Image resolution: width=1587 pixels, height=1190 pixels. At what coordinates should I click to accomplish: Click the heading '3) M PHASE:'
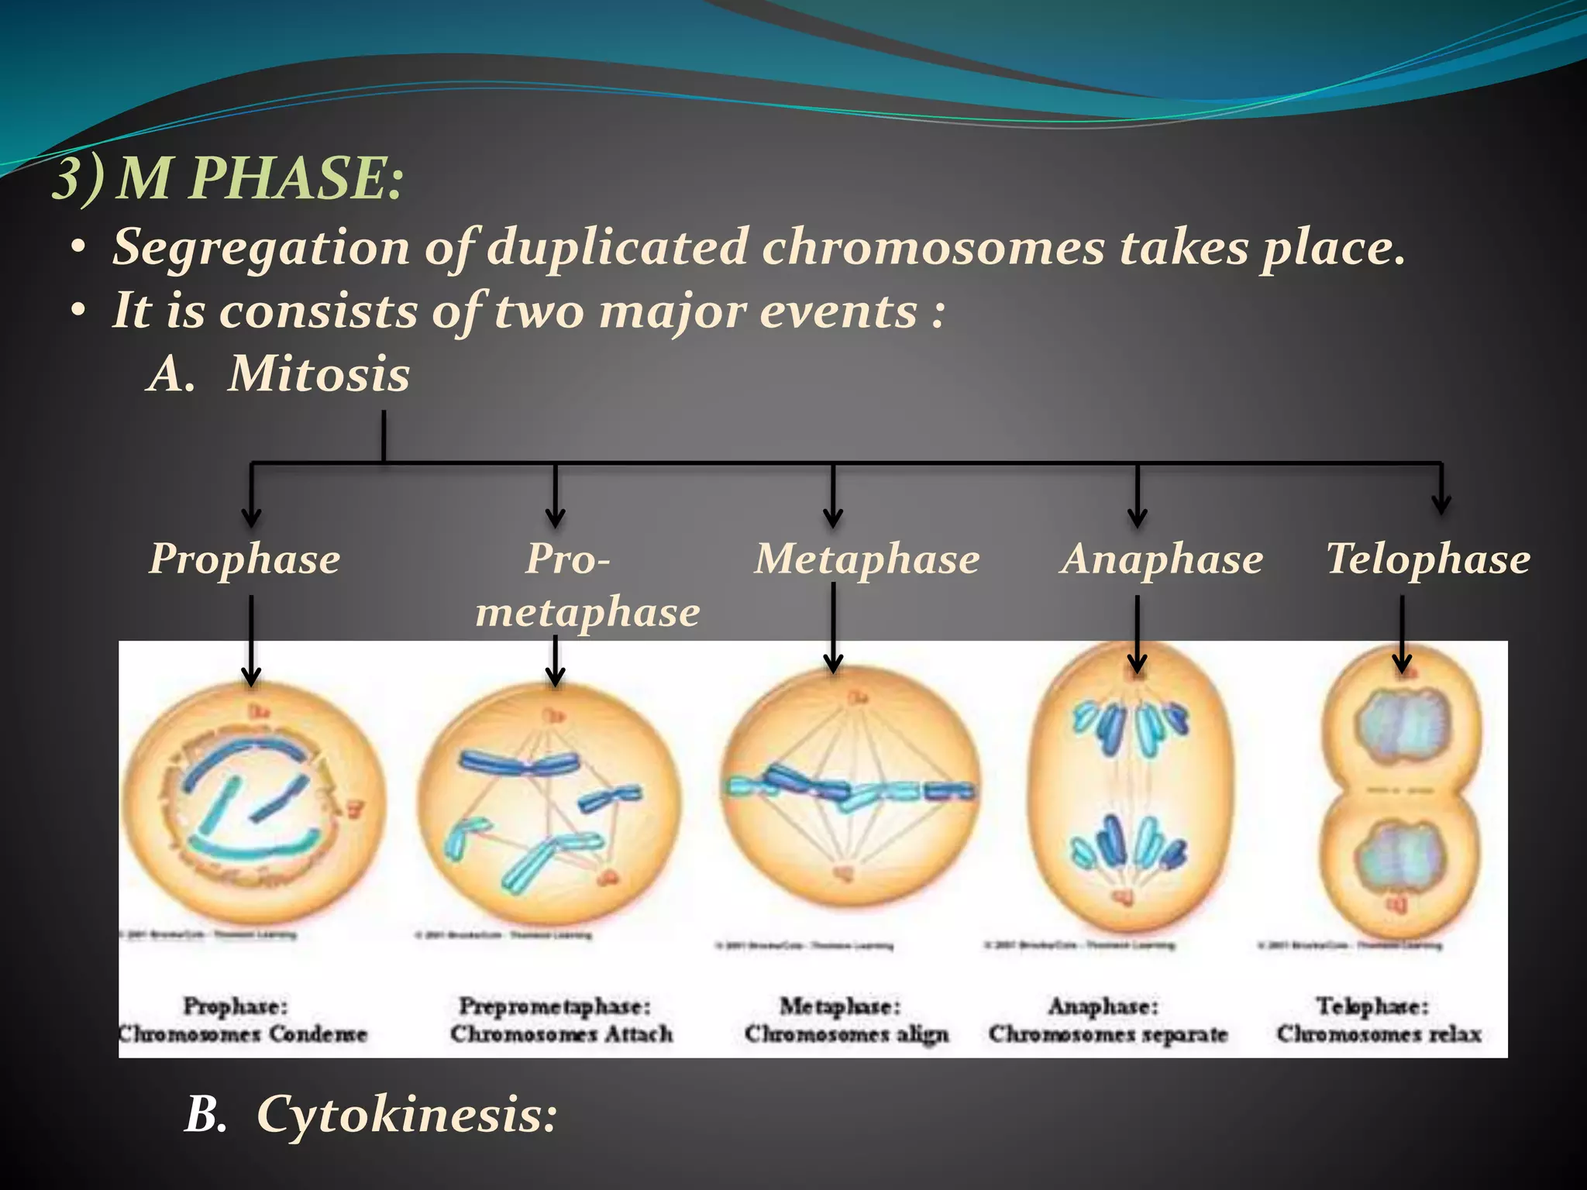point(228,179)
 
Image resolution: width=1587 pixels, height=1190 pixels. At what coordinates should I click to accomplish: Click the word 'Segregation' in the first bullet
point(261,248)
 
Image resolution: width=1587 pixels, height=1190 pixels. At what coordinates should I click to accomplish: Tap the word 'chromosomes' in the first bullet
point(933,248)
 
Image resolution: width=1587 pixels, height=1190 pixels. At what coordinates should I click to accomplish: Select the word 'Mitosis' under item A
point(318,374)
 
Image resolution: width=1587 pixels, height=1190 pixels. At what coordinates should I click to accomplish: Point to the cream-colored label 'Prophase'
point(244,559)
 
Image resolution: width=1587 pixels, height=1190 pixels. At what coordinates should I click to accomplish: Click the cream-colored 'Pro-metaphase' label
point(587,586)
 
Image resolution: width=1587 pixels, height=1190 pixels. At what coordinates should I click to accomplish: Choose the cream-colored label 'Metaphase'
point(867,559)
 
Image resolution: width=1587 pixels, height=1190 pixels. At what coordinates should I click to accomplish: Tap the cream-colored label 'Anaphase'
point(1162,559)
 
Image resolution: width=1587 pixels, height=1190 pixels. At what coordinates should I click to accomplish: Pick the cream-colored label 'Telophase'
point(1427,559)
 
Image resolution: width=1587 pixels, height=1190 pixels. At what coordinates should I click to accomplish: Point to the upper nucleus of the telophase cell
point(1401,726)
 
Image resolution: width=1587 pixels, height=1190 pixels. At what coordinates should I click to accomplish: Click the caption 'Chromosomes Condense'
point(243,1034)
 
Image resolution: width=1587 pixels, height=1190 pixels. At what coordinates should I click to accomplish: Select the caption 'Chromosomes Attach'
point(562,1034)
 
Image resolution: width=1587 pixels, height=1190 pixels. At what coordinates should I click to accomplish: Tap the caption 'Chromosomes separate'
point(1108,1034)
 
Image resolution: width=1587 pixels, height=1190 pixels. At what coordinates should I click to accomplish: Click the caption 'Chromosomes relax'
point(1379,1034)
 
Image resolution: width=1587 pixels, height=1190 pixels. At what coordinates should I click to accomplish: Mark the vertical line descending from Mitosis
point(384,435)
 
